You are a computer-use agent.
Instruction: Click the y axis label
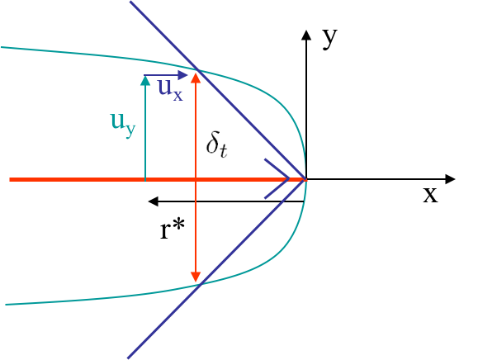[x=330, y=39]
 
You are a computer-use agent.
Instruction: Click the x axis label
[x=430, y=195]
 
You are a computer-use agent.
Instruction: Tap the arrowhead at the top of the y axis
[x=306, y=35]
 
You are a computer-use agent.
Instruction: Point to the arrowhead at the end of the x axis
[x=450, y=179]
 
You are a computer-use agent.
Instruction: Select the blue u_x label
[x=170, y=89]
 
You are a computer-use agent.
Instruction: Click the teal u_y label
[x=122, y=125]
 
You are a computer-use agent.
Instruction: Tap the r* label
[x=173, y=230]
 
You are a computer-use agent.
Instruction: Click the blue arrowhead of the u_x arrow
[x=182, y=75]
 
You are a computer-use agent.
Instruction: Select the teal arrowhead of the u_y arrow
[x=145, y=80]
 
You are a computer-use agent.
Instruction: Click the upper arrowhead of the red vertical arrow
[x=196, y=78]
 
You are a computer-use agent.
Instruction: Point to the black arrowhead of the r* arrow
[x=153, y=201]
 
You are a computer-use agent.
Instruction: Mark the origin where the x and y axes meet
[x=306, y=179]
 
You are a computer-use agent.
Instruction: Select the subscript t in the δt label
[x=224, y=151]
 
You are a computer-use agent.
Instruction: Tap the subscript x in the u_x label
[x=177, y=96]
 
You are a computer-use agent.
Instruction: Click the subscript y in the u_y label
[x=130, y=131]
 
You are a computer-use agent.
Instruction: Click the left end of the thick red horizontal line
[x=10, y=179]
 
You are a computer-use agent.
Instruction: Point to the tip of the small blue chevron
[x=288, y=178]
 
